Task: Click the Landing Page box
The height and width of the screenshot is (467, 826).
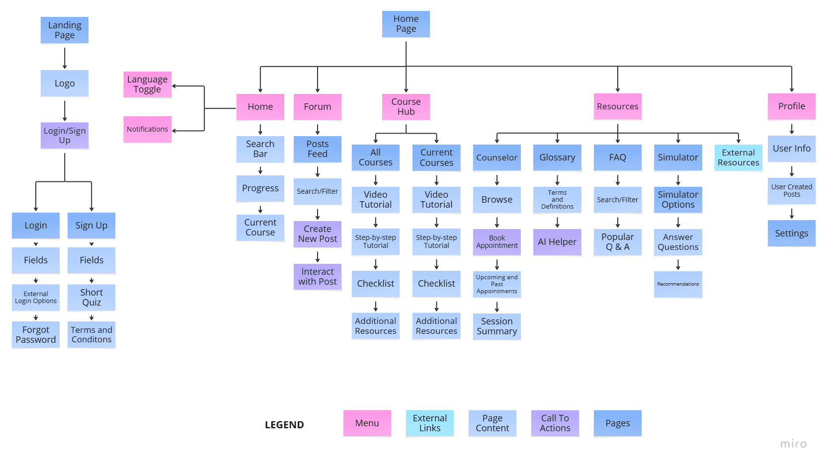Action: tap(65, 30)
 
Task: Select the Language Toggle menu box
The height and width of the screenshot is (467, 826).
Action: tap(147, 84)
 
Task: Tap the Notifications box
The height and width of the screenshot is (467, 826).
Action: tap(147, 129)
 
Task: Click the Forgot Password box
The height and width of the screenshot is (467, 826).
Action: tap(36, 334)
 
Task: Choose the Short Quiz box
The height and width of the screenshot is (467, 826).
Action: tap(91, 297)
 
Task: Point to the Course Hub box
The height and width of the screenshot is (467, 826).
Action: tap(406, 106)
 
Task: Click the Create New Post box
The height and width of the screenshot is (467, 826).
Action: tap(317, 233)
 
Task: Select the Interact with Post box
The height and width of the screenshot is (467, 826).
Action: tap(317, 276)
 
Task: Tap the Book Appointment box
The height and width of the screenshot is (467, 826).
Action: tap(496, 241)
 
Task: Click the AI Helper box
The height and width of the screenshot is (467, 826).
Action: tap(557, 242)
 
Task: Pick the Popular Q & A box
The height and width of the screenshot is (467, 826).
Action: tap(617, 242)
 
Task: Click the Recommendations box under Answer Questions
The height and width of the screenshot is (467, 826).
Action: tap(678, 284)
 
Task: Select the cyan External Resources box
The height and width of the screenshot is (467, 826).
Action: tap(738, 157)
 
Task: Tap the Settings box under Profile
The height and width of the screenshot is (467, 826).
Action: tap(791, 233)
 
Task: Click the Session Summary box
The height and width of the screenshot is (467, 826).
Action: tap(496, 326)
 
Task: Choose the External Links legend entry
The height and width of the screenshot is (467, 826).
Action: tap(429, 423)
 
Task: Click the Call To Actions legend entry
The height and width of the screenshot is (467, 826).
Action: tap(555, 423)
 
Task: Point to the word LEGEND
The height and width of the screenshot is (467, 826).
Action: tap(284, 425)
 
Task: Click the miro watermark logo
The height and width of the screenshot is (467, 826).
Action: tap(793, 444)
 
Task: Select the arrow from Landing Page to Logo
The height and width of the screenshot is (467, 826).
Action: tap(65, 58)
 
